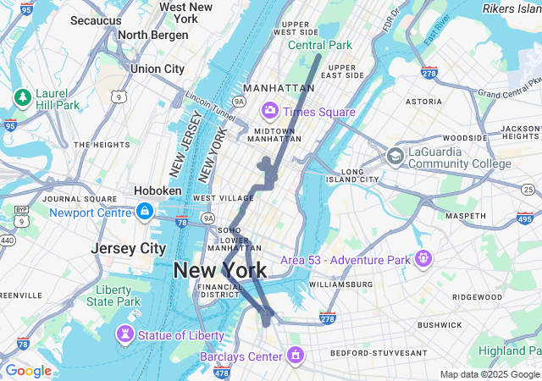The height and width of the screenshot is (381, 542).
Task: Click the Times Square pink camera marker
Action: (270, 110)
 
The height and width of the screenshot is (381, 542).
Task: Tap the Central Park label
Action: (319, 45)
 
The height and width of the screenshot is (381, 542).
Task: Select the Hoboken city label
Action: (158, 191)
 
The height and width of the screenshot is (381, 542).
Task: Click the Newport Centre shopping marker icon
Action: (145, 211)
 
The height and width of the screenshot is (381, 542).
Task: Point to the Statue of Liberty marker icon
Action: (125, 334)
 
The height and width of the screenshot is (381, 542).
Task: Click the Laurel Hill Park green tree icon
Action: (21, 97)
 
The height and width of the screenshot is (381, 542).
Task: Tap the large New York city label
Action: (220, 271)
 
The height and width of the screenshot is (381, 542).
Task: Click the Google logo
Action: (28, 371)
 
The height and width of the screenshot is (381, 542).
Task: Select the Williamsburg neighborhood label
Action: (341, 284)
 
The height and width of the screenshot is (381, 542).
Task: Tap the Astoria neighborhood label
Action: (423, 102)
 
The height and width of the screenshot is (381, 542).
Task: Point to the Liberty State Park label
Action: (113, 295)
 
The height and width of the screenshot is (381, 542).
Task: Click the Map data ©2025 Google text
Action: (489, 374)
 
